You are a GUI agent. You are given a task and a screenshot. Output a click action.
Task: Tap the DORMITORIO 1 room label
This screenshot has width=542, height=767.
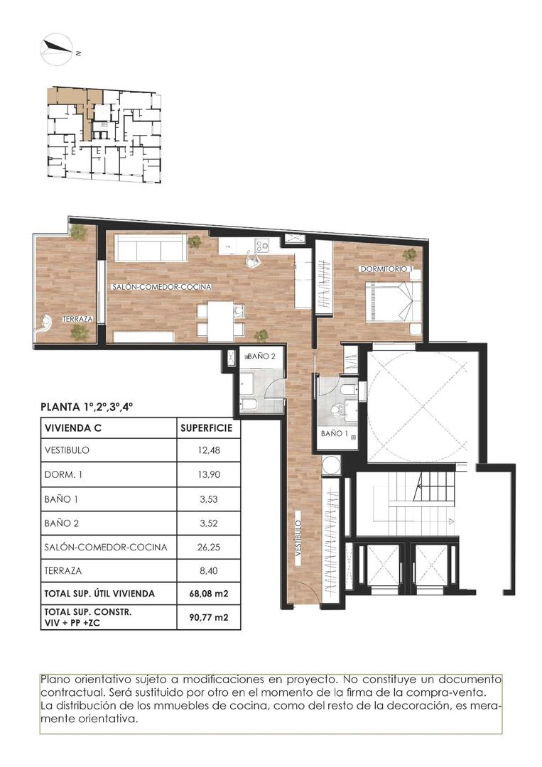(386, 269)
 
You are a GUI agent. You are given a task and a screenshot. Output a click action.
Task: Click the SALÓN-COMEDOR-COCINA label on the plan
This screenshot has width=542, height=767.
(151, 287)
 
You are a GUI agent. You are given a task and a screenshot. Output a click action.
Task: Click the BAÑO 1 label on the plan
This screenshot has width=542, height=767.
(333, 433)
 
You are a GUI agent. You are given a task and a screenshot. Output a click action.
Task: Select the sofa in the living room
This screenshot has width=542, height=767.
(151, 249)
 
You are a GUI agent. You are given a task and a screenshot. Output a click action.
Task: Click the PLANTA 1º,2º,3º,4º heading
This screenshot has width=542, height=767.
(88, 408)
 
